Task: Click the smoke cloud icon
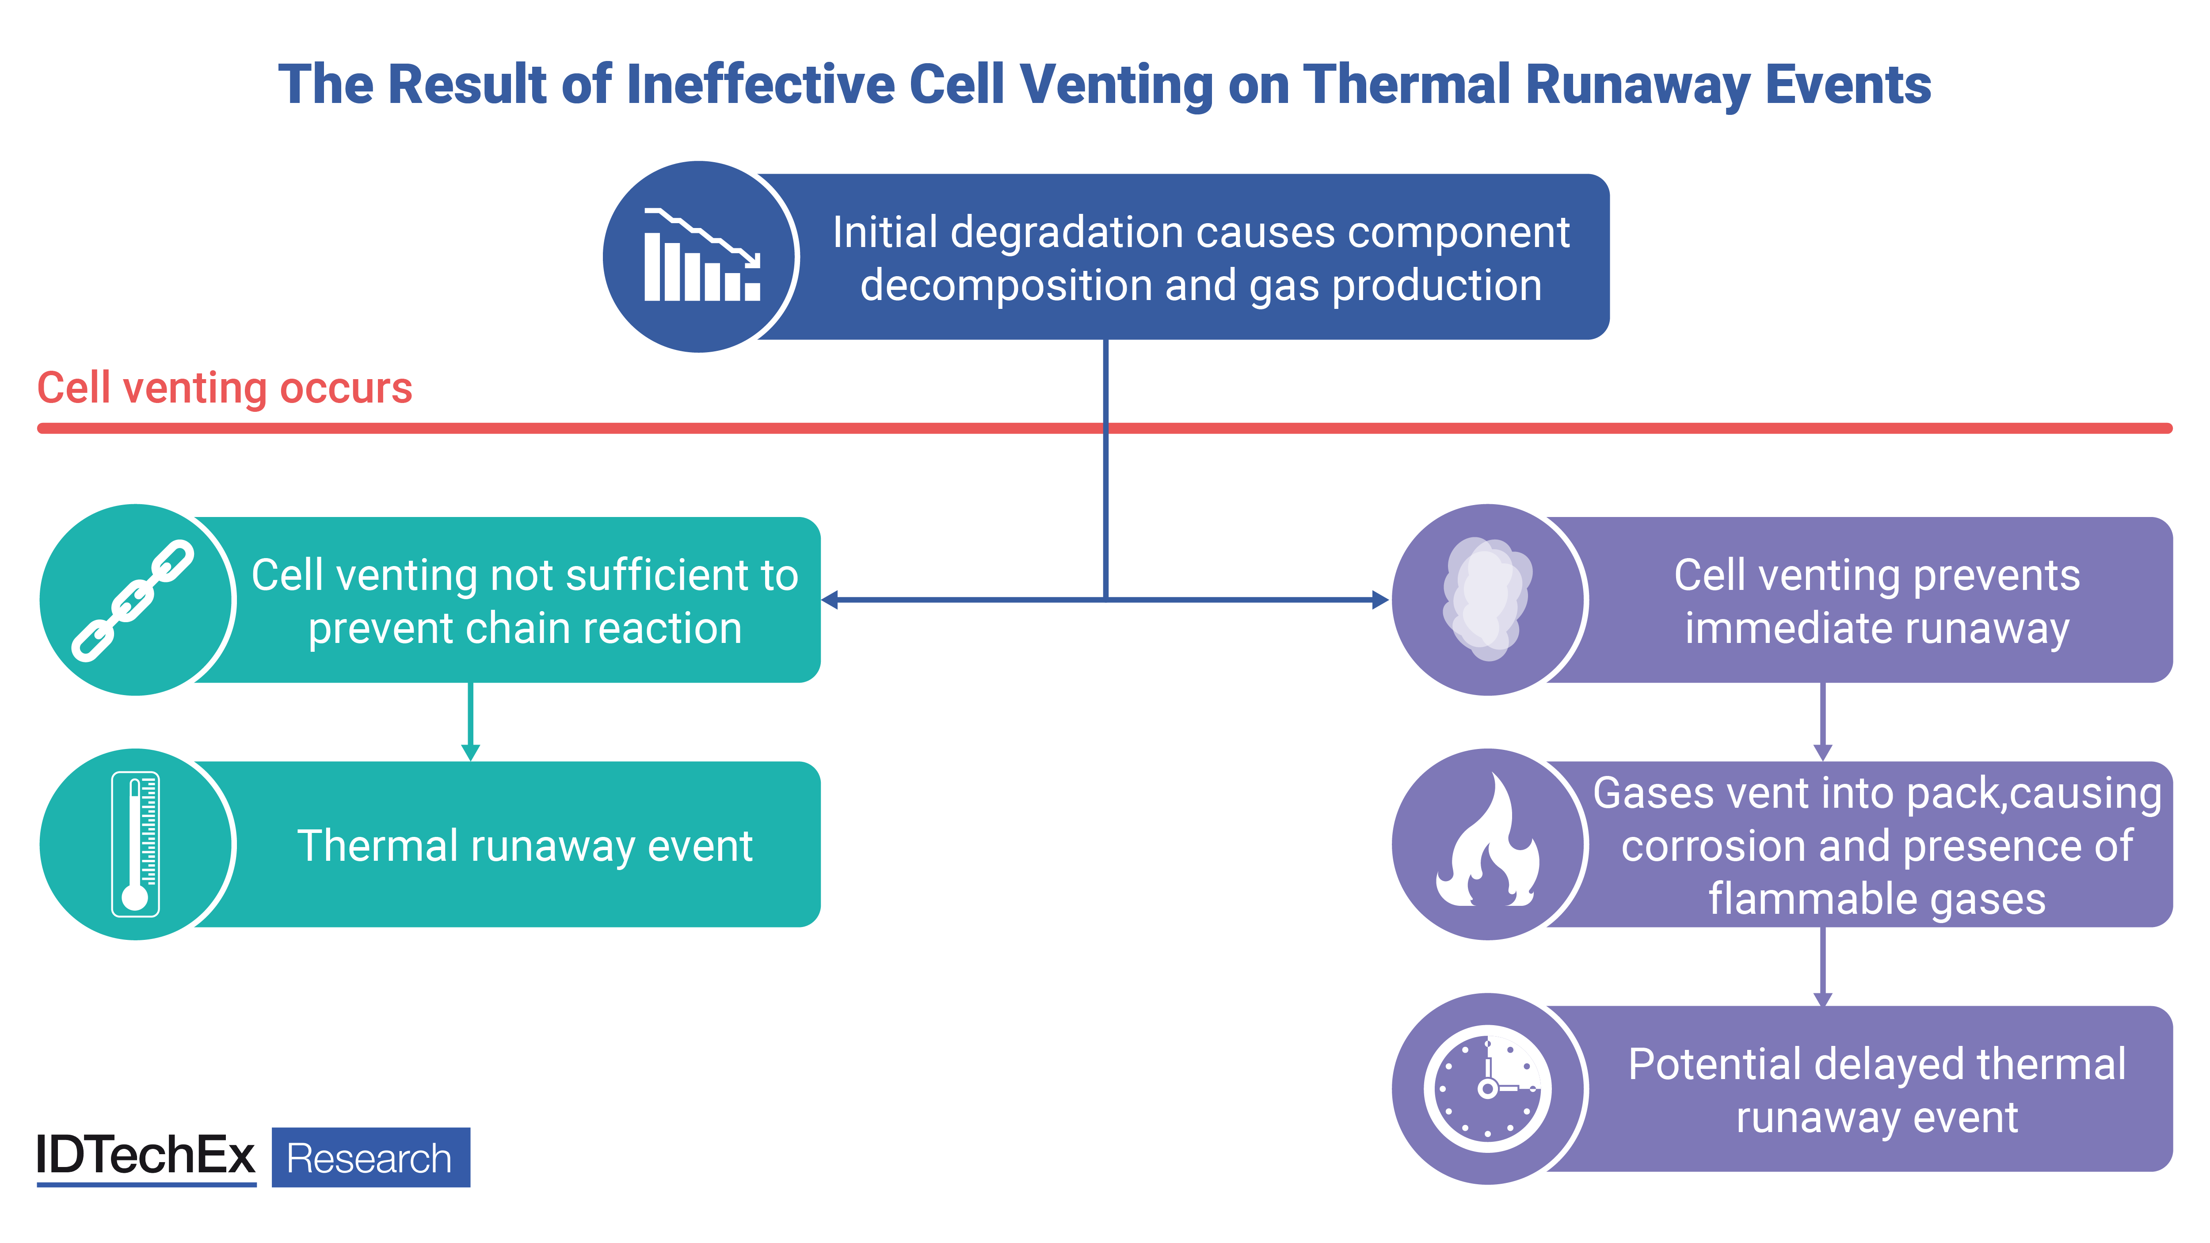[1488, 599]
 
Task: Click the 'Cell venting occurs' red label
[225, 388]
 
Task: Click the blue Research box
[371, 1157]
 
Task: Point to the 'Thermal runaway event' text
[525, 846]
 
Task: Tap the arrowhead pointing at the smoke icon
[1380, 600]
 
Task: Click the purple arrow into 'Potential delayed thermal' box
[1823, 967]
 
